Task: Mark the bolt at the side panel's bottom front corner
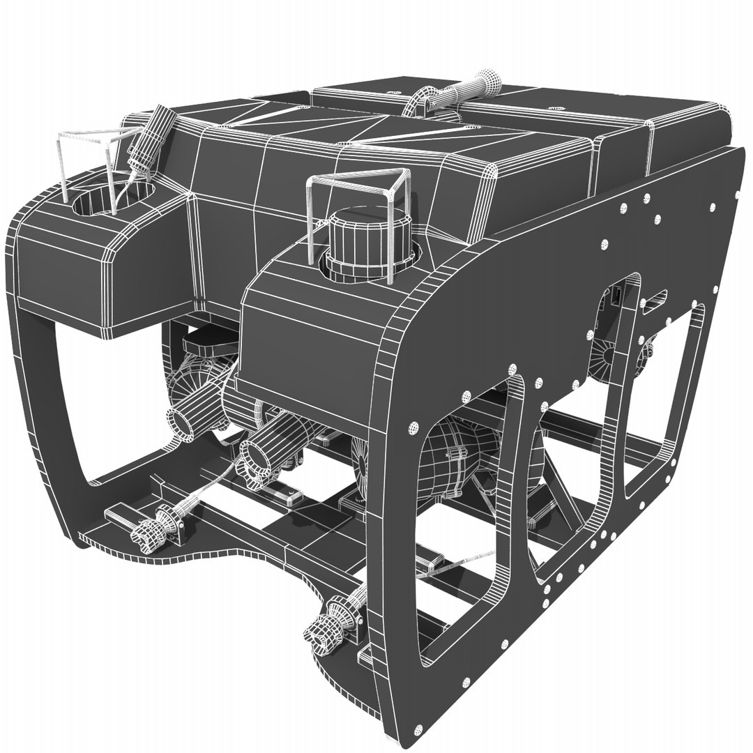point(418,729)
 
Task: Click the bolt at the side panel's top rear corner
point(713,207)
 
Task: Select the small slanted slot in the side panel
point(654,298)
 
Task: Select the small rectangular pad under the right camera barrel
point(289,496)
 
